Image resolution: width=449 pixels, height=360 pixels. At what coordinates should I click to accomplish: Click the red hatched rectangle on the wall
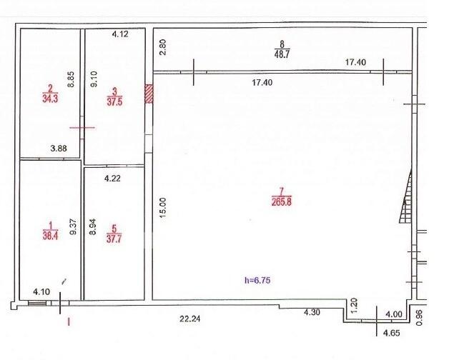(x=149, y=94)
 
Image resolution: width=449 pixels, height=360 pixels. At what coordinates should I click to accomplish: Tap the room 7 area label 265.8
(x=282, y=202)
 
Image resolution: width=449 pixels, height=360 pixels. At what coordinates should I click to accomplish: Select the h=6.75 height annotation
(x=257, y=280)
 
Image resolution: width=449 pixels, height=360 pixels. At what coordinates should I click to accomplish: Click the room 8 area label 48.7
(x=282, y=54)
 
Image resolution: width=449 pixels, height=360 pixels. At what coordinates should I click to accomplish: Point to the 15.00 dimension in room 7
(x=162, y=208)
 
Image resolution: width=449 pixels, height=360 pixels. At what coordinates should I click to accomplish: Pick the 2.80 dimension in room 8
(x=162, y=47)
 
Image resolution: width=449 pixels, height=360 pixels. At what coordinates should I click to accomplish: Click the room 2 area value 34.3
(x=50, y=99)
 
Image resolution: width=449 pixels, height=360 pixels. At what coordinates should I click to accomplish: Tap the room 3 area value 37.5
(x=114, y=102)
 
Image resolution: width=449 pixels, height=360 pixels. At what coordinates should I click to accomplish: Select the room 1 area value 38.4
(x=50, y=236)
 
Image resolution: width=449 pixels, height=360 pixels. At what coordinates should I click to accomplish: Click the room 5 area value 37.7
(x=114, y=239)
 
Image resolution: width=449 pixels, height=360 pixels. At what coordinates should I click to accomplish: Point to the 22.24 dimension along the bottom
(x=190, y=319)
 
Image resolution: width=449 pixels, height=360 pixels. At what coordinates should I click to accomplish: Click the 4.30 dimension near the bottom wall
(x=312, y=312)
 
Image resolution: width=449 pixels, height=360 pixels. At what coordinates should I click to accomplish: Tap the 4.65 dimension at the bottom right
(x=391, y=333)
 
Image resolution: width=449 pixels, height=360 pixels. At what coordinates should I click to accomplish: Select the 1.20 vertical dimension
(x=354, y=306)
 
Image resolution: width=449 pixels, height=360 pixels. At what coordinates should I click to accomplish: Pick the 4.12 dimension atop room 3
(x=120, y=34)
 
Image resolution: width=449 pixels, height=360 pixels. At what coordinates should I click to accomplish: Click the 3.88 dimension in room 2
(x=59, y=149)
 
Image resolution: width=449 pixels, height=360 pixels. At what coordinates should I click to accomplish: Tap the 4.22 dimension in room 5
(x=112, y=179)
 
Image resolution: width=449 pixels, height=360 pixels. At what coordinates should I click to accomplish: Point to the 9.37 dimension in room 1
(x=74, y=226)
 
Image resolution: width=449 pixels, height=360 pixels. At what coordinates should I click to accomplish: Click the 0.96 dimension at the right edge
(x=419, y=318)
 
